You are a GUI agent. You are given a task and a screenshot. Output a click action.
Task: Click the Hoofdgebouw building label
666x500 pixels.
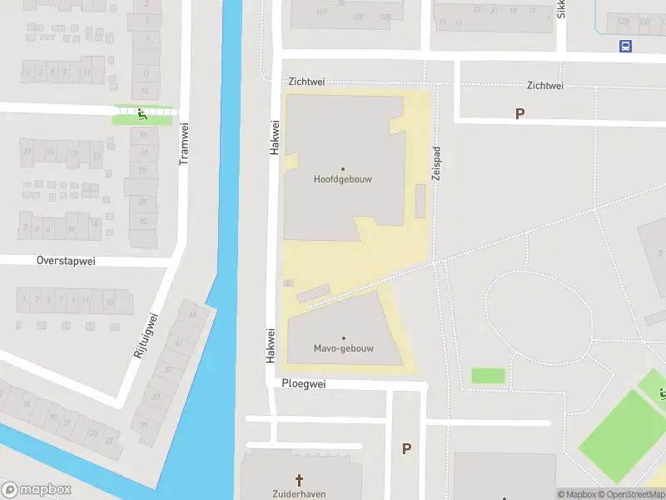click(342, 179)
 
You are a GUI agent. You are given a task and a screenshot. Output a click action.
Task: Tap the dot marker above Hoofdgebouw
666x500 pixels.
click(342, 169)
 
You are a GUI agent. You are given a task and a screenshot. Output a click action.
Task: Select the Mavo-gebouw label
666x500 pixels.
click(343, 348)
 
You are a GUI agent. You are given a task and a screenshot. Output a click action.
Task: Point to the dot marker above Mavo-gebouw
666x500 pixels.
click(343, 338)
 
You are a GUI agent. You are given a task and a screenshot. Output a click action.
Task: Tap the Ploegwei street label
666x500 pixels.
click(303, 385)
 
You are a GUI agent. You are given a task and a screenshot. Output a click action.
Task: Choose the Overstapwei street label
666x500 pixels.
click(66, 261)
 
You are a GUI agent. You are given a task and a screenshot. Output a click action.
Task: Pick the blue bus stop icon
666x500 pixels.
click(625, 47)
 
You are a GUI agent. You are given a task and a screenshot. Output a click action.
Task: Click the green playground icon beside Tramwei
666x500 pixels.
click(142, 115)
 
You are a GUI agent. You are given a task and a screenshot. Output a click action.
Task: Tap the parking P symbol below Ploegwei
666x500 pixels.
click(407, 449)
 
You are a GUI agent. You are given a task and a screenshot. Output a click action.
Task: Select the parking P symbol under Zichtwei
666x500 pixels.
click(520, 114)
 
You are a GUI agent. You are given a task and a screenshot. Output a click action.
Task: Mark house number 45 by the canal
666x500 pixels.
click(194, 314)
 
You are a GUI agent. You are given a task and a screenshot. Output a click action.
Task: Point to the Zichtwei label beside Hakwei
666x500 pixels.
click(306, 82)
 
